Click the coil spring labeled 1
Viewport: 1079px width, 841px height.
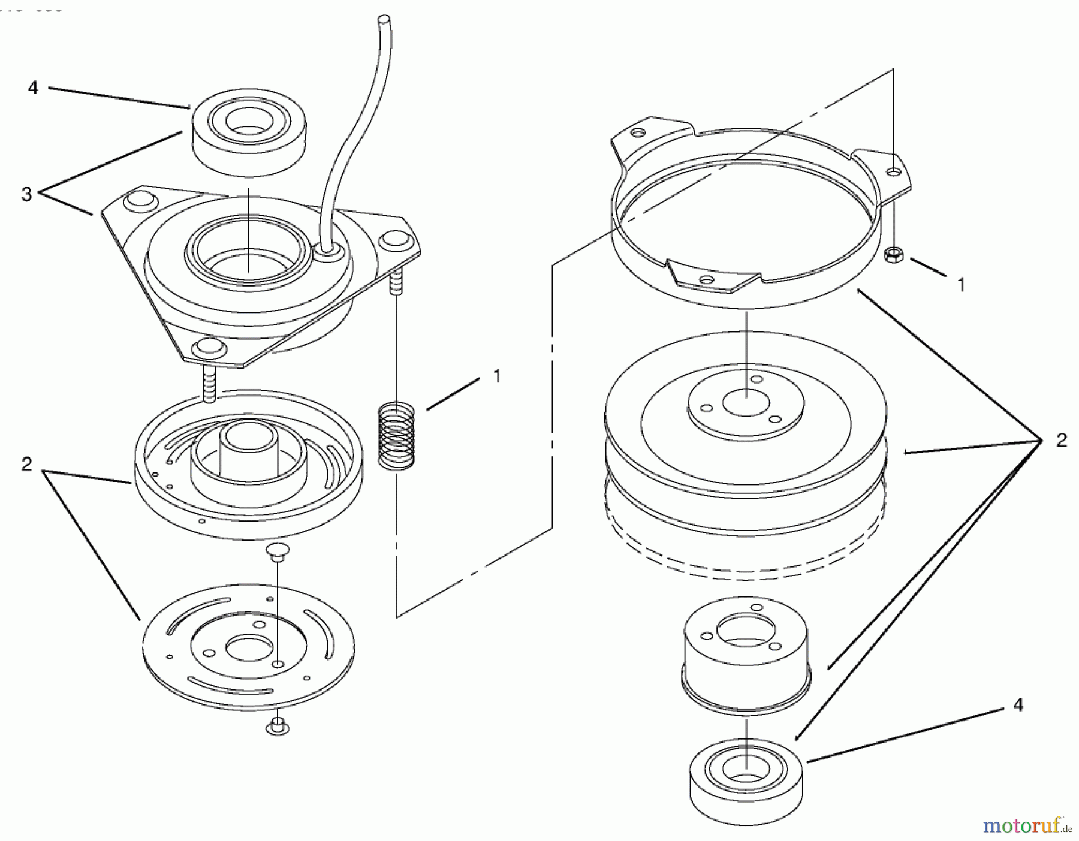coord(396,436)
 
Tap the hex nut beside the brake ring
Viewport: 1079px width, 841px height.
coord(894,255)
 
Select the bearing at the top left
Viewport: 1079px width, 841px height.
coord(248,136)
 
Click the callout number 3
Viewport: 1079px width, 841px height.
coord(26,194)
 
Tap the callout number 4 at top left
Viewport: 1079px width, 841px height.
coord(33,88)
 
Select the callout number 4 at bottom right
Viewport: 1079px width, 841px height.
coord(1018,705)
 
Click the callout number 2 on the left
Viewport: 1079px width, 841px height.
coord(26,465)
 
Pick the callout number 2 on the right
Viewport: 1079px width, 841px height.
coord(1061,441)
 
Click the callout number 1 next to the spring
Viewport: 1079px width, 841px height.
coord(496,376)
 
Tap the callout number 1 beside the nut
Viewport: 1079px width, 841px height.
coord(962,284)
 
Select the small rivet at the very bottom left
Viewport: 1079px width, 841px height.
coord(277,725)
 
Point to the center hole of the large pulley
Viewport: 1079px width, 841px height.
coord(746,402)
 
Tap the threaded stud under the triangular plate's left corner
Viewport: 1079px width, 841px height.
coord(209,384)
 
